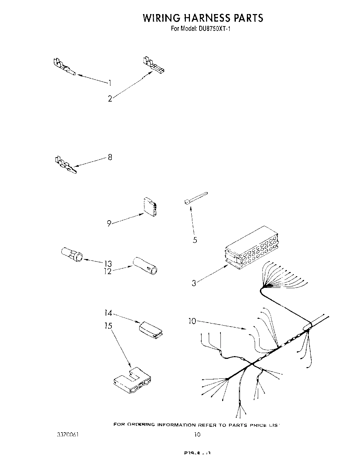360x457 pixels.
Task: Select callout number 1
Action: pos(110,82)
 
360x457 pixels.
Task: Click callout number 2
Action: pos(110,99)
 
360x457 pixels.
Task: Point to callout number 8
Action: pos(110,157)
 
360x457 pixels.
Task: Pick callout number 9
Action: pos(109,223)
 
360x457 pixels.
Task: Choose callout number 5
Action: pos(195,240)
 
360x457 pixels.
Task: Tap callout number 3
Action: pos(194,283)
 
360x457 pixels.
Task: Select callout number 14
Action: pos(108,313)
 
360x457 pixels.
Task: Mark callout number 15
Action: pos(108,325)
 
